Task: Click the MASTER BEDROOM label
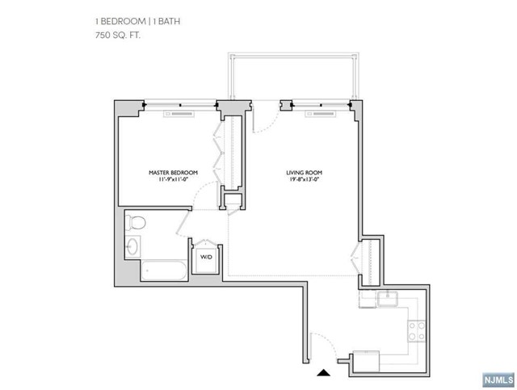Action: pyautogui.click(x=169, y=172)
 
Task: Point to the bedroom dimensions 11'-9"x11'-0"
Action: pyautogui.click(x=169, y=180)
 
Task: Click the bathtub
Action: pyautogui.click(x=165, y=270)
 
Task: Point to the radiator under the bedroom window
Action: pyautogui.click(x=179, y=113)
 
